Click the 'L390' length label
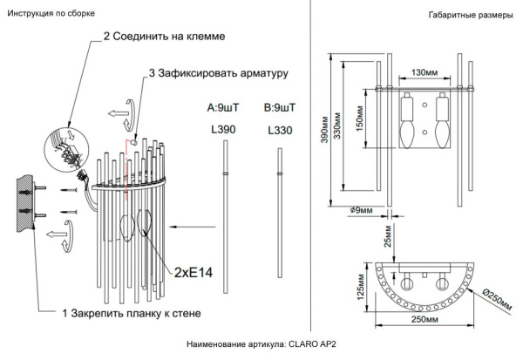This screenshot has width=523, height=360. point(223,129)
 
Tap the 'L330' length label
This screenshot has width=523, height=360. point(279,129)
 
